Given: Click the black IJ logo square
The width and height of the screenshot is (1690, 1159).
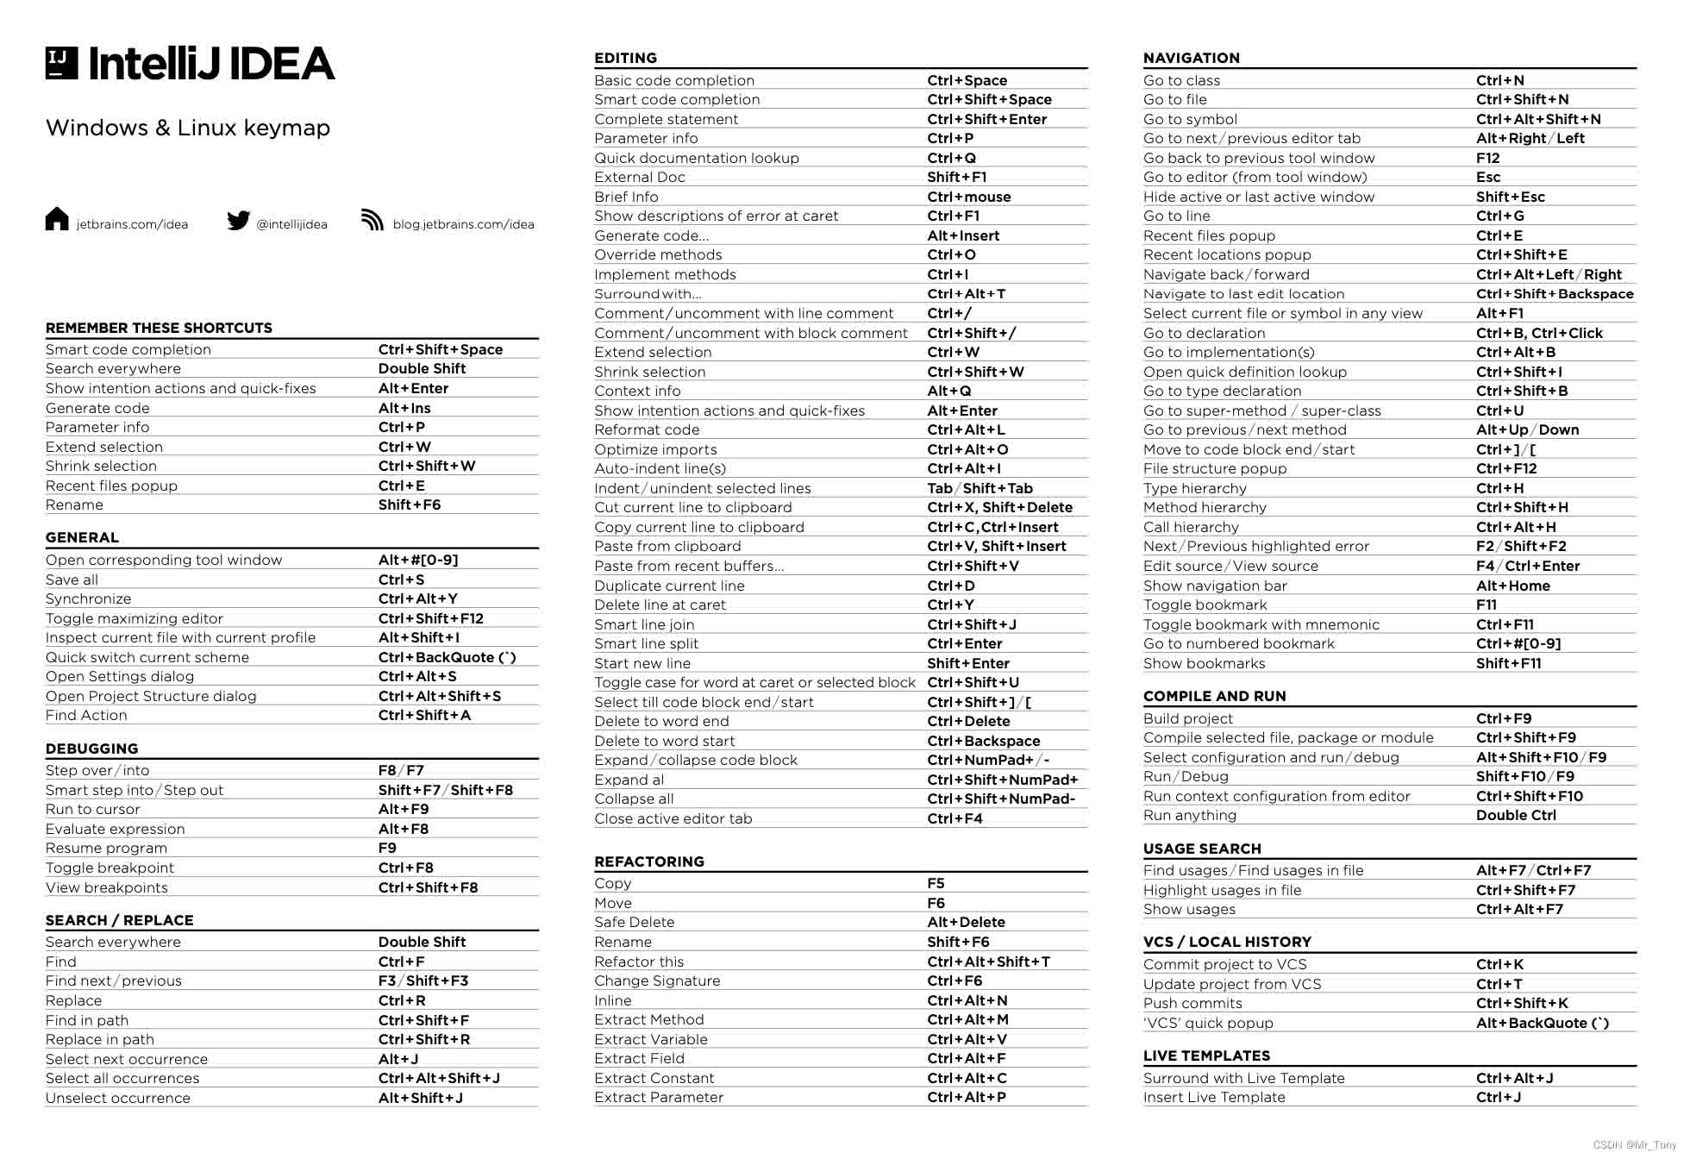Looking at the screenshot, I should [61, 63].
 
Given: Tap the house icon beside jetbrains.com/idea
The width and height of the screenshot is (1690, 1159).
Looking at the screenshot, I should [57, 220].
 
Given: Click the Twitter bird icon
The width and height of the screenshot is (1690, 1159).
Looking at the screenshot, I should [239, 221].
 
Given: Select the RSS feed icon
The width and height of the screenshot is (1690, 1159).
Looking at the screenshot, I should [372, 220].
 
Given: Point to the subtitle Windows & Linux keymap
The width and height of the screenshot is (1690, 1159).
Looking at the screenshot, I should [188, 128].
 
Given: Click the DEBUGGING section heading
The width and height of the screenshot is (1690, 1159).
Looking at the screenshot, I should [91, 749].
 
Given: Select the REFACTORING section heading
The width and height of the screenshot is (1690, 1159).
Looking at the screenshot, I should [648, 861].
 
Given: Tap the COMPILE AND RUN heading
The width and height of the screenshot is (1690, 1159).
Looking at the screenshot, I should [1214, 696].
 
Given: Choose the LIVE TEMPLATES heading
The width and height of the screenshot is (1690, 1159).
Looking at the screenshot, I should [1206, 1056].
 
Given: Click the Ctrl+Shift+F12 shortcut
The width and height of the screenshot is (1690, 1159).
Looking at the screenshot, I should [430, 618].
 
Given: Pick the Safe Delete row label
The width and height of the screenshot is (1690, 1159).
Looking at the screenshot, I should [634, 922].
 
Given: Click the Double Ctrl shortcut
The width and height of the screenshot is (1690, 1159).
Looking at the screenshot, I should [1516, 815].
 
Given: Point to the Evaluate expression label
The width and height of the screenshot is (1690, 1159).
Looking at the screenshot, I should [115, 829].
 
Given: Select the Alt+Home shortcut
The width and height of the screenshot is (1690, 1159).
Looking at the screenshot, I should [1512, 586].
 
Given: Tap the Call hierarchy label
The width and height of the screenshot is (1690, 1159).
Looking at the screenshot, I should [1191, 527].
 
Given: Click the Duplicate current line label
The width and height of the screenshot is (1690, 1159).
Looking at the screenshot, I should [669, 586].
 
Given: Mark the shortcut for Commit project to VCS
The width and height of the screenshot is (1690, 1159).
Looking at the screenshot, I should [1499, 964].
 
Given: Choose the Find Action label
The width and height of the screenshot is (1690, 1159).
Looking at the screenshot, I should [86, 715].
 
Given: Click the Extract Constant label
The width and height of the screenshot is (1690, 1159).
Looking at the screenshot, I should [654, 1078].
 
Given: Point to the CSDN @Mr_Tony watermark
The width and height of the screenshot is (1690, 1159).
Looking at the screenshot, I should [1634, 1145].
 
